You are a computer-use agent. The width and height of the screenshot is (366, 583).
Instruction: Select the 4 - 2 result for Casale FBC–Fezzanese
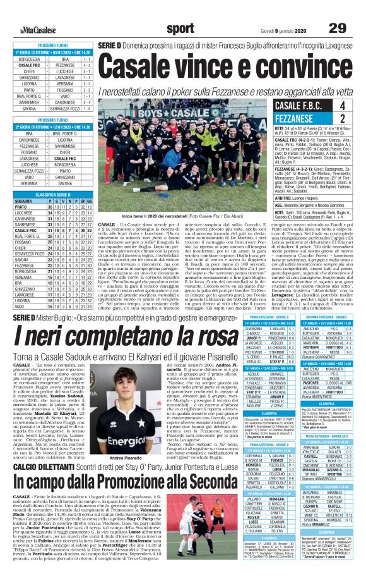point(86,64)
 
